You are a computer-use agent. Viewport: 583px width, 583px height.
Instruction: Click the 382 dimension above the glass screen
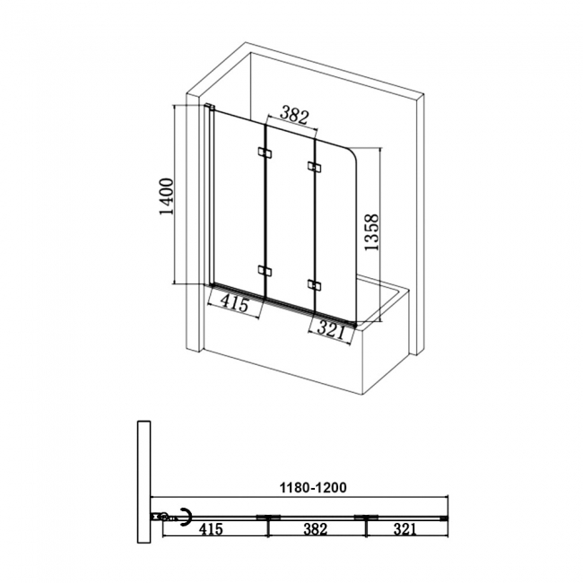click(x=294, y=115)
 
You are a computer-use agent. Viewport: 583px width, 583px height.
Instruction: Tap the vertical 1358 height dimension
click(x=371, y=233)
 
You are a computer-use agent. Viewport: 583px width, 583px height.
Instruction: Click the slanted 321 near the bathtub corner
click(x=331, y=330)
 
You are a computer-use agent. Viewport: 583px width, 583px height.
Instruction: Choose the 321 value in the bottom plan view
click(x=405, y=530)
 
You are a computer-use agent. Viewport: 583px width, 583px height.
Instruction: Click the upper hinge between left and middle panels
click(x=264, y=153)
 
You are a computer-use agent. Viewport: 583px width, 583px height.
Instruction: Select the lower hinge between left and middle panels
click(x=265, y=270)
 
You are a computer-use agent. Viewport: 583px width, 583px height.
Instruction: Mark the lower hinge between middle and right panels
click(x=313, y=285)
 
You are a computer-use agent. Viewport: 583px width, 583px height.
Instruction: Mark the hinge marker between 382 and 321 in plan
click(x=367, y=518)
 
